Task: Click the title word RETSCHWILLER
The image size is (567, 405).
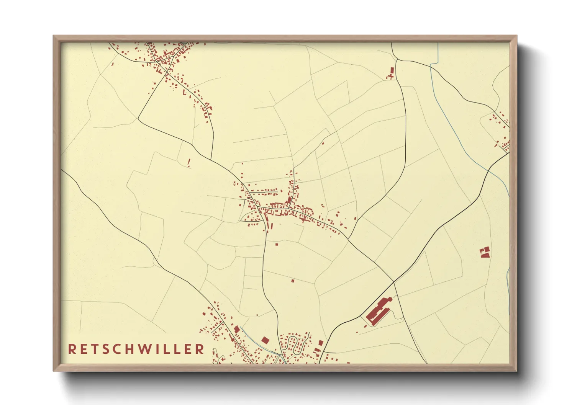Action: pyautogui.click(x=136, y=349)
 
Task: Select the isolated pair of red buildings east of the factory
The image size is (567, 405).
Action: pyautogui.click(x=485, y=252)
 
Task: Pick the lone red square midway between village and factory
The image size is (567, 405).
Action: pyautogui.click(x=293, y=281)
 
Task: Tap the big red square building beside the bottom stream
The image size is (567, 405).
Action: pyautogui.click(x=265, y=340)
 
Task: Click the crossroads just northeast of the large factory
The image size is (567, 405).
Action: pyautogui.click(x=393, y=282)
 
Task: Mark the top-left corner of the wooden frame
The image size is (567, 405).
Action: pyautogui.click(x=54, y=36)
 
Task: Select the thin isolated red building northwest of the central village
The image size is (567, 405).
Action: pyautogui.click(x=189, y=163)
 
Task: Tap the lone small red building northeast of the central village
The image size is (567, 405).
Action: pyautogui.click(x=323, y=144)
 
